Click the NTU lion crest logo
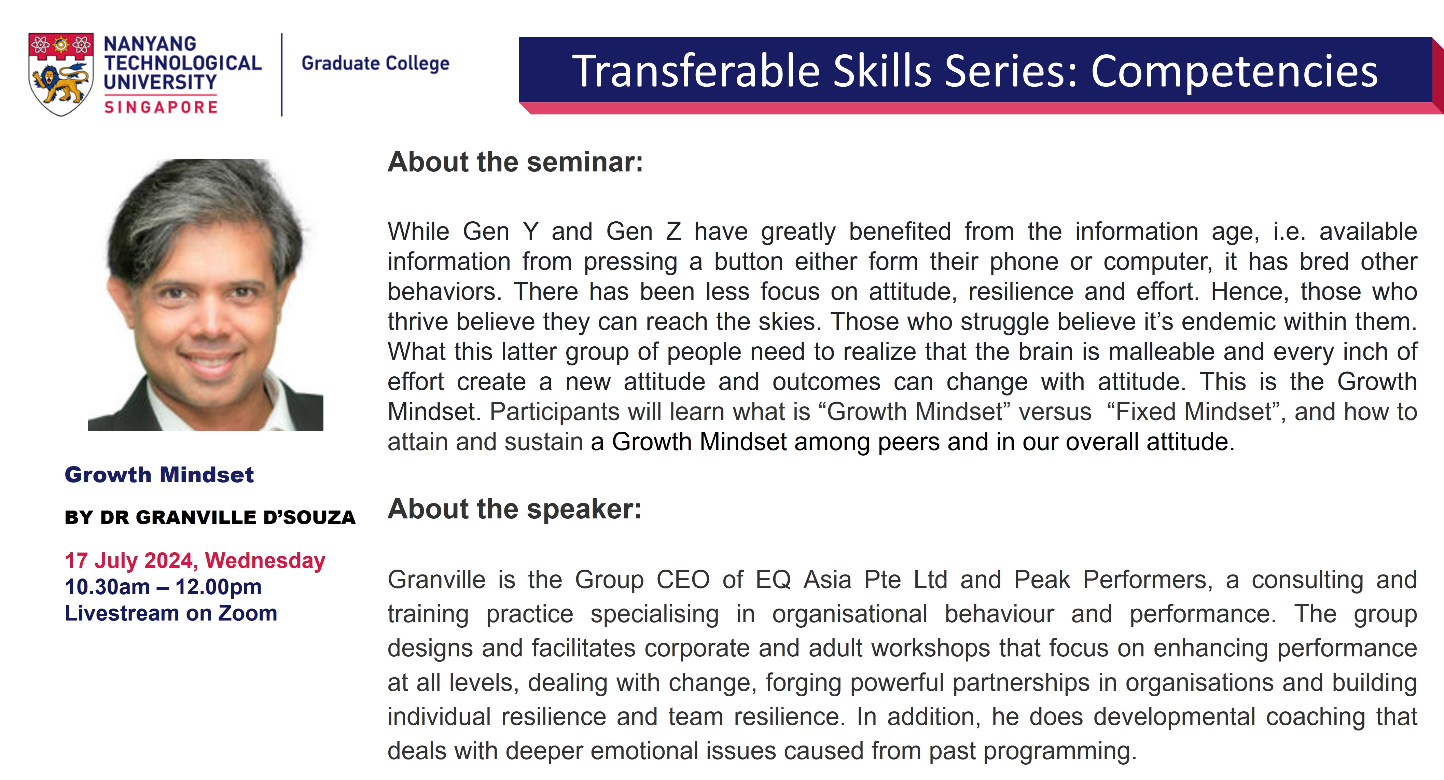[61, 74]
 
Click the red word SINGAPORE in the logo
[161, 107]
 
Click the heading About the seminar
[515, 162]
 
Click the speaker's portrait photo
[206, 295]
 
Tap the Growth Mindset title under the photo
[159, 475]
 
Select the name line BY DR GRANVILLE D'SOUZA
[210, 517]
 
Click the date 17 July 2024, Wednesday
[195, 561]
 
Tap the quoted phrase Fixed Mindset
[1192, 412]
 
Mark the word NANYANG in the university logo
[150, 44]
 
